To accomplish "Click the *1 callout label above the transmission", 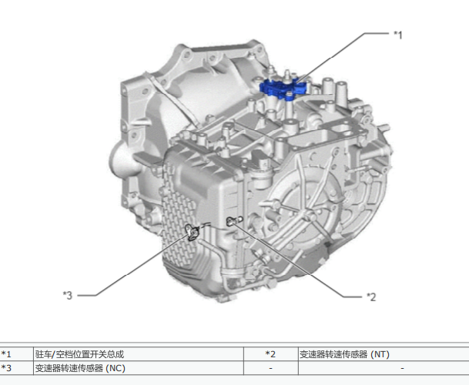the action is click(x=398, y=35).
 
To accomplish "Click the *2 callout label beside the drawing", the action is click(x=371, y=296).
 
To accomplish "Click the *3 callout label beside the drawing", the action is click(x=68, y=295).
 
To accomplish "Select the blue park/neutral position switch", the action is click(x=283, y=89).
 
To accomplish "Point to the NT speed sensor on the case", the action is click(x=234, y=221).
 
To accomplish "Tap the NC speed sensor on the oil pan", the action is click(x=192, y=232).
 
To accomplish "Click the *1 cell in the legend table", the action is click(x=6, y=354).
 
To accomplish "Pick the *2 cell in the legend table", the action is click(x=270, y=354).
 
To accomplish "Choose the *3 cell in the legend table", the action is click(x=6, y=368).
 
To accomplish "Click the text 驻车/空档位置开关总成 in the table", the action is click(x=79, y=354).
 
